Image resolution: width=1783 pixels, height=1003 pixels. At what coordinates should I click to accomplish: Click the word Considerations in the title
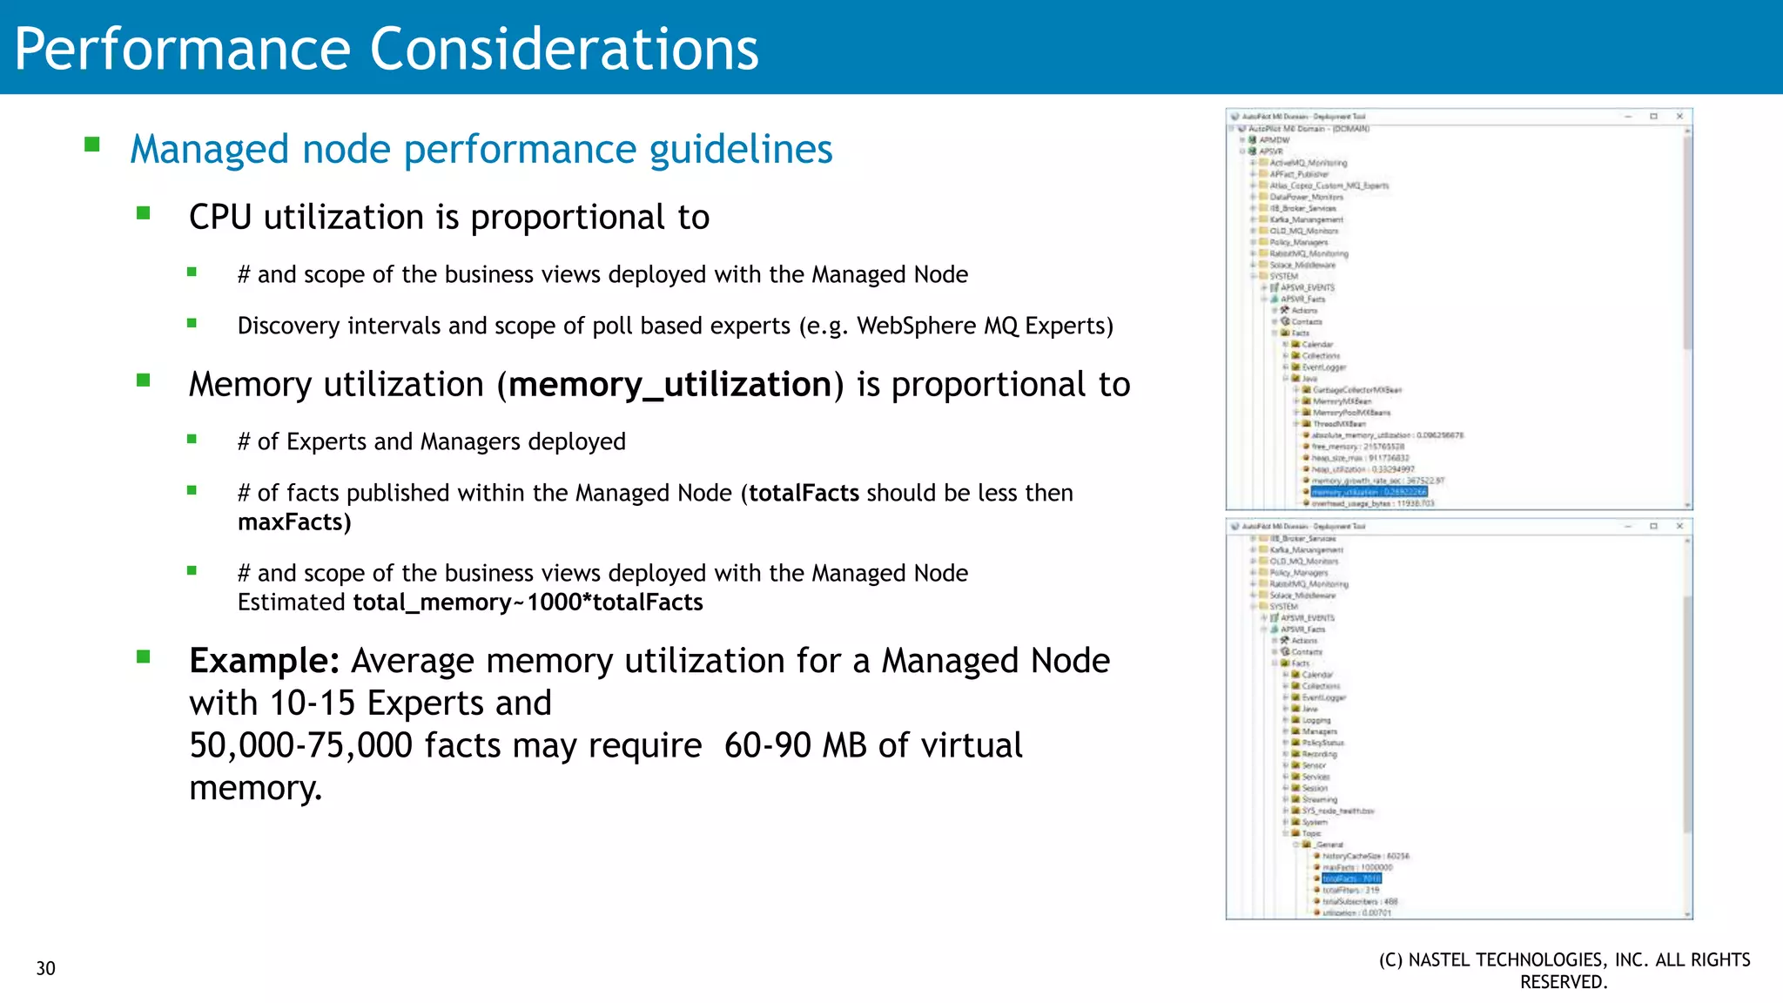click(x=564, y=49)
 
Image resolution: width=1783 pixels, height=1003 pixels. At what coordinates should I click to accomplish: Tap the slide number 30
click(x=45, y=968)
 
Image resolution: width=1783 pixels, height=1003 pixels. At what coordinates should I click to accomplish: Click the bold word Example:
click(x=264, y=661)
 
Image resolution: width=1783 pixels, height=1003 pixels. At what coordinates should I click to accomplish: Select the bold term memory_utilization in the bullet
click(x=670, y=385)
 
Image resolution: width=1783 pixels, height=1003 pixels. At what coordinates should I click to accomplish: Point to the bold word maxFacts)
click(x=294, y=522)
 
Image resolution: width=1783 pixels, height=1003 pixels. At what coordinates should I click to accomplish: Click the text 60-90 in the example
click(x=755, y=745)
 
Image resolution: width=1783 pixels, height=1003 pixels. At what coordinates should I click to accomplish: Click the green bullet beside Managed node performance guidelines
click(x=92, y=145)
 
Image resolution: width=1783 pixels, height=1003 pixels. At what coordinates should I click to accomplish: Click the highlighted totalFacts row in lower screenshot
click(x=1351, y=878)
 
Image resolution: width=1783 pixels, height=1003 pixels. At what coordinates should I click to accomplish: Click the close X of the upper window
click(x=1679, y=116)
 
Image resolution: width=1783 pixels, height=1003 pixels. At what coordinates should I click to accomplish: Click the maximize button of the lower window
click(x=1653, y=526)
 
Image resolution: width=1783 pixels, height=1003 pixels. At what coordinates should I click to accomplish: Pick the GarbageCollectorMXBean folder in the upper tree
click(x=1356, y=390)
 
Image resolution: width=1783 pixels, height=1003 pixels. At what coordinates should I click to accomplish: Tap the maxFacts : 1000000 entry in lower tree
click(x=1357, y=867)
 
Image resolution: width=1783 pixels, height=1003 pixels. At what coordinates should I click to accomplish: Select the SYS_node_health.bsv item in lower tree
click(x=1337, y=811)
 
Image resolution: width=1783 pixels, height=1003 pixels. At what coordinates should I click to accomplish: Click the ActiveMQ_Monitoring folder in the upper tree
click(x=1308, y=163)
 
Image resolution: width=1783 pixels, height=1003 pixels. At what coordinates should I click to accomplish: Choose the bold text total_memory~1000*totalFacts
click(x=528, y=602)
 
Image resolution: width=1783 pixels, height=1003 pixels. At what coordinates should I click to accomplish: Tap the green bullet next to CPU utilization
click(x=144, y=212)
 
